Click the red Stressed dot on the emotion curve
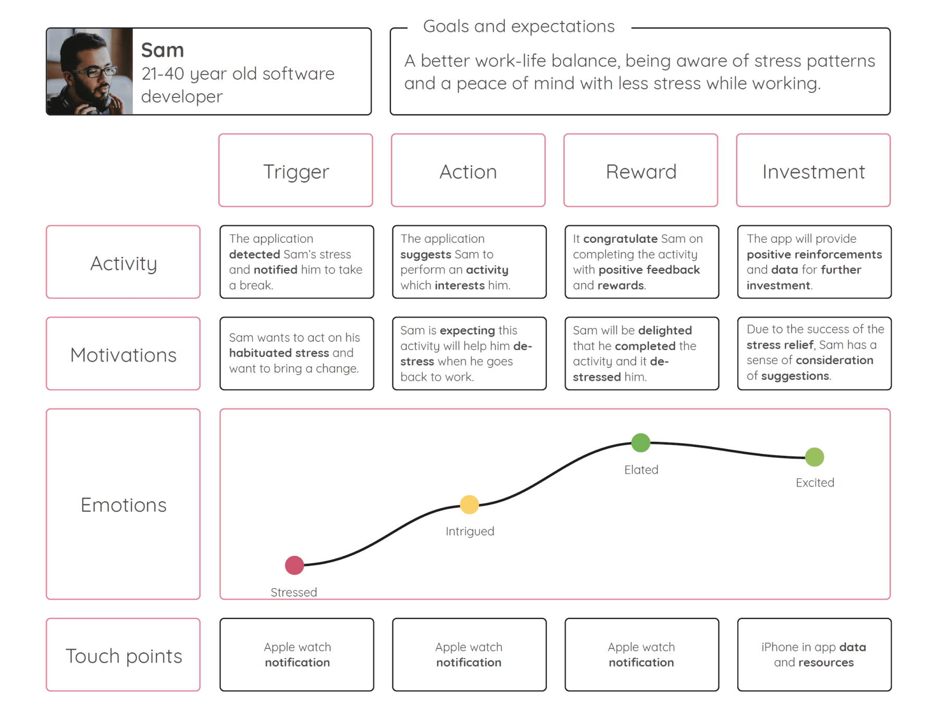pyautogui.click(x=294, y=565)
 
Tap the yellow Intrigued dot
pyautogui.click(x=469, y=504)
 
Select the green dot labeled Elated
pyautogui.click(x=640, y=442)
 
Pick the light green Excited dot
pyautogui.click(x=814, y=457)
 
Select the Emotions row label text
pyautogui.click(x=124, y=505)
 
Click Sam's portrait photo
pyautogui.click(x=90, y=71)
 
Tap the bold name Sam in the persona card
pyautogui.click(x=163, y=50)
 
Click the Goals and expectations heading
pyautogui.click(x=519, y=26)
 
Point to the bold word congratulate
pyautogui.click(x=620, y=239)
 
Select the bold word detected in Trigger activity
pyautogui.click(x=255, y=254)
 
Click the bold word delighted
pyautogui.click(x=665, y=330)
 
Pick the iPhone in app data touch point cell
pyautogui.click(x=814, y=655)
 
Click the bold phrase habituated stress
pyautogui.click(x=279, y=353)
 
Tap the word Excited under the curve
pyautogui.click(x=815, y=482)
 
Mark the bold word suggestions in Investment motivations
pyautogui.click(x=795, y=376)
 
